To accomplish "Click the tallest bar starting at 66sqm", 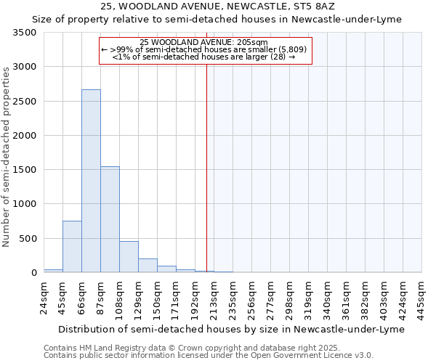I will click(91, 181).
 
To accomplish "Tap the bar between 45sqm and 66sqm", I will click(72, 247).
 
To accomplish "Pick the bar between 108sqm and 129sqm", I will click(129, 257).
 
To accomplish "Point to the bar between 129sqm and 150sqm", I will click(148, 266).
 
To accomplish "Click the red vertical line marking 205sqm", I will click(206, 167).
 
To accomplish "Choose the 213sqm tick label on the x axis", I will click(214, 298).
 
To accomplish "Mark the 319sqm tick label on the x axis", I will click(309, 298).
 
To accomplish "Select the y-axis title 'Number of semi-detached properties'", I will click(7, 156).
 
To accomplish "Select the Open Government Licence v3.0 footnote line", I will click(209, 356).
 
